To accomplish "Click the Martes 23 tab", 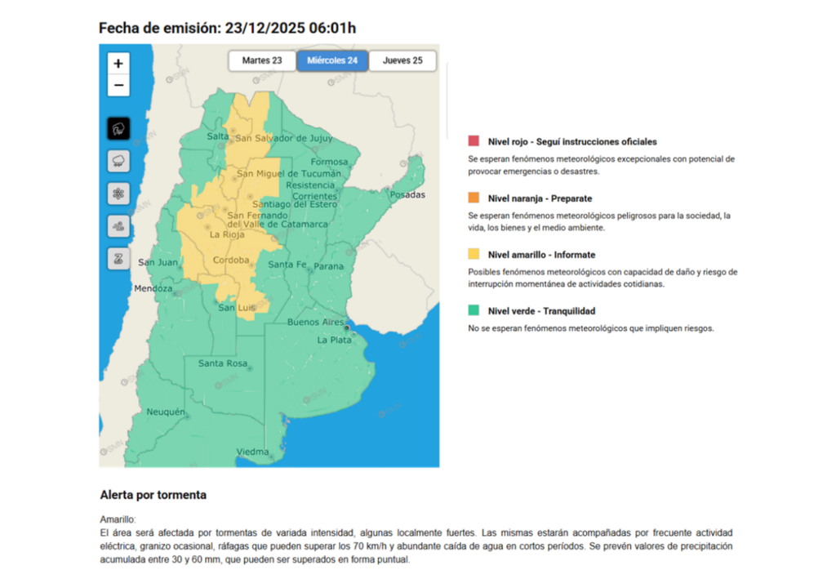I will (262, 61).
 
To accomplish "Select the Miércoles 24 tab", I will (332, 61).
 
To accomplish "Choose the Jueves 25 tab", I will (402, 61).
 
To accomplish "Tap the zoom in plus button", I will (118, 64).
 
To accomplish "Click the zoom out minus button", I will (118, 85).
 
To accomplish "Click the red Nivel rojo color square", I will (474, 141).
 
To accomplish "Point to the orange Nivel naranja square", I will (474, 198).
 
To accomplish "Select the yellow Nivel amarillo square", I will (474, 255).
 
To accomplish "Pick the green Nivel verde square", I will (474, 311).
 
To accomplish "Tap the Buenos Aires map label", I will (317, 323).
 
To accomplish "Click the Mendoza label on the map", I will (153, 289).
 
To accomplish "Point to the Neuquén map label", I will (166, 413).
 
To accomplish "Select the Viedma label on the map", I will (252, 452).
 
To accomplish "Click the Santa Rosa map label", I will (222, 363).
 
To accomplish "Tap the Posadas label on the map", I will (407, 195).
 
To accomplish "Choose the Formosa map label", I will (329, 162).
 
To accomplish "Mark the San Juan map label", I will (158, 262).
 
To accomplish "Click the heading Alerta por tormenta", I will (153, 495).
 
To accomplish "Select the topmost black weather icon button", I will (118, 128).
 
